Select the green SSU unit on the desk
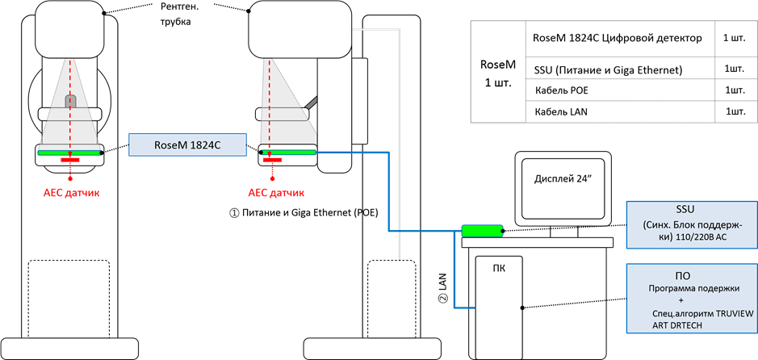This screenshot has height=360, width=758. (482, 231)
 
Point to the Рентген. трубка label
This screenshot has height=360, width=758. (182, 14)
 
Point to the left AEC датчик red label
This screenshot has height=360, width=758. (71, 194)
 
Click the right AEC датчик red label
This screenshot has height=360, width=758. (270, 194)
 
